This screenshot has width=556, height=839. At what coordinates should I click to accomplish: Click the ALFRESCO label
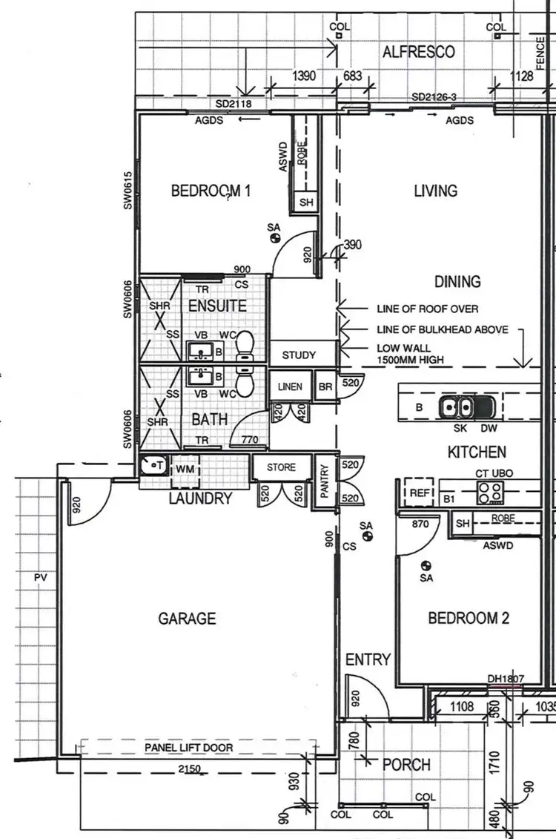[x=418, y=52]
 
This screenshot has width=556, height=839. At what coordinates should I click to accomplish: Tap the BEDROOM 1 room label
[x=211, y=191]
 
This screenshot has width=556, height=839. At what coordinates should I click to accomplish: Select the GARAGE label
[x=187, y=618]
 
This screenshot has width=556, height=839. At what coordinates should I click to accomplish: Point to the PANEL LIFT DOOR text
[x=188, y=748]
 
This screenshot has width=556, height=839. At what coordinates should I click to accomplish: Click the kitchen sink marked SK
[x=456, y=407]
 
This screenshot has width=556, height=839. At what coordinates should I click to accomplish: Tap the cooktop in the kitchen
[x=490, y=490]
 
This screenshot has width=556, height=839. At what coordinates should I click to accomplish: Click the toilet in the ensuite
[x=245, y=344]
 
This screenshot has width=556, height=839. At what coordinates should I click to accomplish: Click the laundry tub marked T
[x=154, y=466]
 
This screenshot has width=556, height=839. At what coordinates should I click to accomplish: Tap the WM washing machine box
[x=182, y=469]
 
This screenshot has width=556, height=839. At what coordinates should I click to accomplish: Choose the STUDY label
[x=298, y=355]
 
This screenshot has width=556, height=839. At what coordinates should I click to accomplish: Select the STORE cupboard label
[x=281, y=467]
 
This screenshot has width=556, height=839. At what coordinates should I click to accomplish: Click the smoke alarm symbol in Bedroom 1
[x=274, y=238]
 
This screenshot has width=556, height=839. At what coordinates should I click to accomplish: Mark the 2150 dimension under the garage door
[x=191, y=769]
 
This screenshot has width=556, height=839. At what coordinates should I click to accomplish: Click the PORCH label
[x=406, y=764]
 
